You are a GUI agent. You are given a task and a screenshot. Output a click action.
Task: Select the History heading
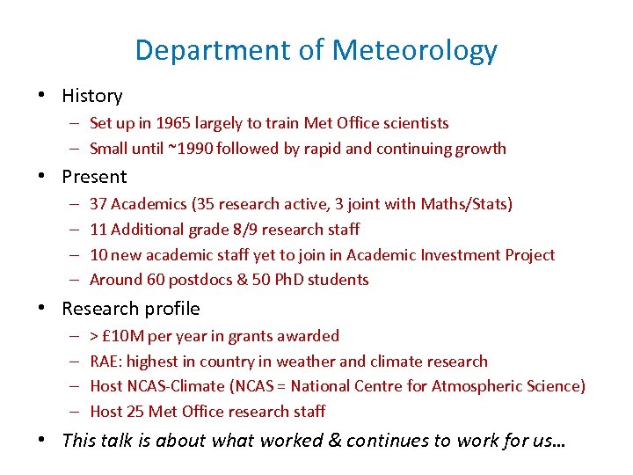point(92,96)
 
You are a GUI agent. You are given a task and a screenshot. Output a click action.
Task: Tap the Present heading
point(94,177)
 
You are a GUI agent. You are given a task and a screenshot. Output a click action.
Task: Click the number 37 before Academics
point(98,204)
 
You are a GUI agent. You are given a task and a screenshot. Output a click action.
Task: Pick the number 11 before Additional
point(98,230)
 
